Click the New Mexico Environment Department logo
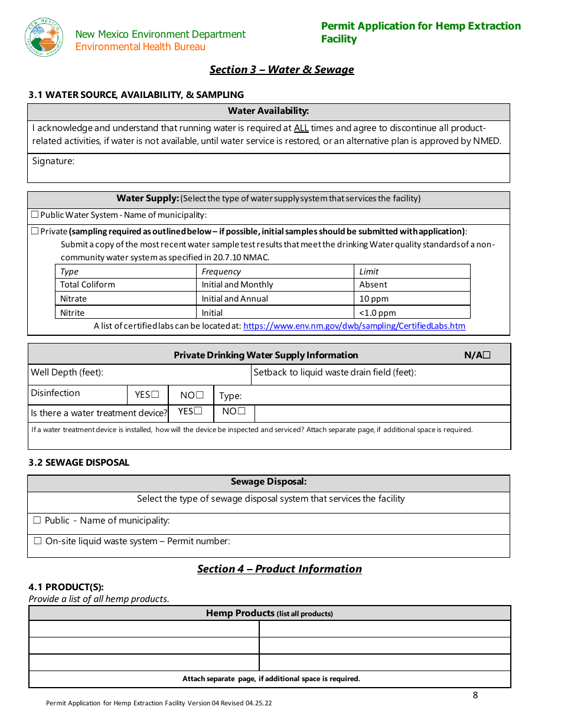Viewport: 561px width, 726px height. (44, 37)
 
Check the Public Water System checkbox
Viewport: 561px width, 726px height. (35, 215)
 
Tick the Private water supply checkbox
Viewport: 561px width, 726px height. (35, 231)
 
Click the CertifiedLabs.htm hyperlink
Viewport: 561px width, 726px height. (354, 326)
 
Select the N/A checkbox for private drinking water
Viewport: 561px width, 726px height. (487, 355)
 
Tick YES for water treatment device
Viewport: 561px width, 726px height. (198, 411)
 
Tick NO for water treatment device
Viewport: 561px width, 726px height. (242, 411)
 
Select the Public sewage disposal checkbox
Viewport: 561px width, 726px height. (37, 521)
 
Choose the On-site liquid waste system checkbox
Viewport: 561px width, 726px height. (38, 541)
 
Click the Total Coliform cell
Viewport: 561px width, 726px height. (87, 284)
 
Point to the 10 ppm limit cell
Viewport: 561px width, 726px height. (374, 299)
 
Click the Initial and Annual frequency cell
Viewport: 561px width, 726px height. (234, 299)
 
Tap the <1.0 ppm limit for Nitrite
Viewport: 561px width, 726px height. (377, 313)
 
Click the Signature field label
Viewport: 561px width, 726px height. (53, 161)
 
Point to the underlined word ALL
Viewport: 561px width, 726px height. (301, 128)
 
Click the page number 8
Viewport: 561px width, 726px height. (475, 695)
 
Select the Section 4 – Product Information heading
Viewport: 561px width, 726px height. (279, 569)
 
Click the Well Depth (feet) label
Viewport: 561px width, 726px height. (67, 372)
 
